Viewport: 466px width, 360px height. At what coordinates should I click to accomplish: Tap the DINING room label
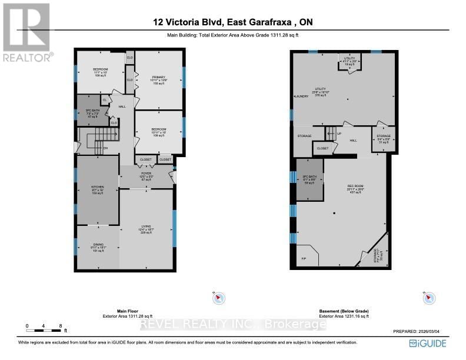click(x=97, y=247)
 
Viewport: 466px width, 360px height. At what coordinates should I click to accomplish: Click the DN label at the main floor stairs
click(x=106, y=148)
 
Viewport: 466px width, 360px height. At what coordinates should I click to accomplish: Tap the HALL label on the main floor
click(x=122, y=106)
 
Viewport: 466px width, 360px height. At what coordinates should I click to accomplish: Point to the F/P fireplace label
click(x=304, y=258)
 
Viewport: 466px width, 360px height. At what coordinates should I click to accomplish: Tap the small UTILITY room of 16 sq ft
click(x=349, y=61)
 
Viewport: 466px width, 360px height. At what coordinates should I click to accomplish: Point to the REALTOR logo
click(x=26, y=32)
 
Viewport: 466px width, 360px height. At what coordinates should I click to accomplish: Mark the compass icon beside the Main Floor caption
click(x=218, y=298)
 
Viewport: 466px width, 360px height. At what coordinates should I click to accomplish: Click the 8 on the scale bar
click(x=59, y=325)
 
